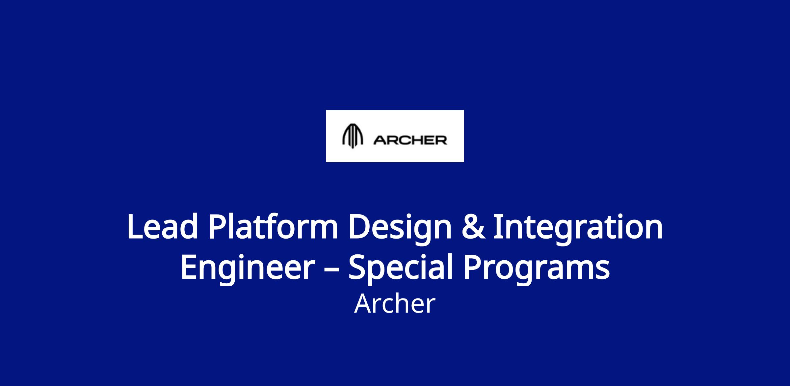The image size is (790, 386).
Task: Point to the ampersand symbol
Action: pyautogui.click(x=473, y=227)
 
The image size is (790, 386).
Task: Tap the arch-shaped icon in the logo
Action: pyautogui.click(x=353, y=136)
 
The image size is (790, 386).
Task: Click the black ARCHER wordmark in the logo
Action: pyautogui.click(x=410, y=141)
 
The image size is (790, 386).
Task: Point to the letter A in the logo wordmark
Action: pyautogui.click(x=379, y=141)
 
